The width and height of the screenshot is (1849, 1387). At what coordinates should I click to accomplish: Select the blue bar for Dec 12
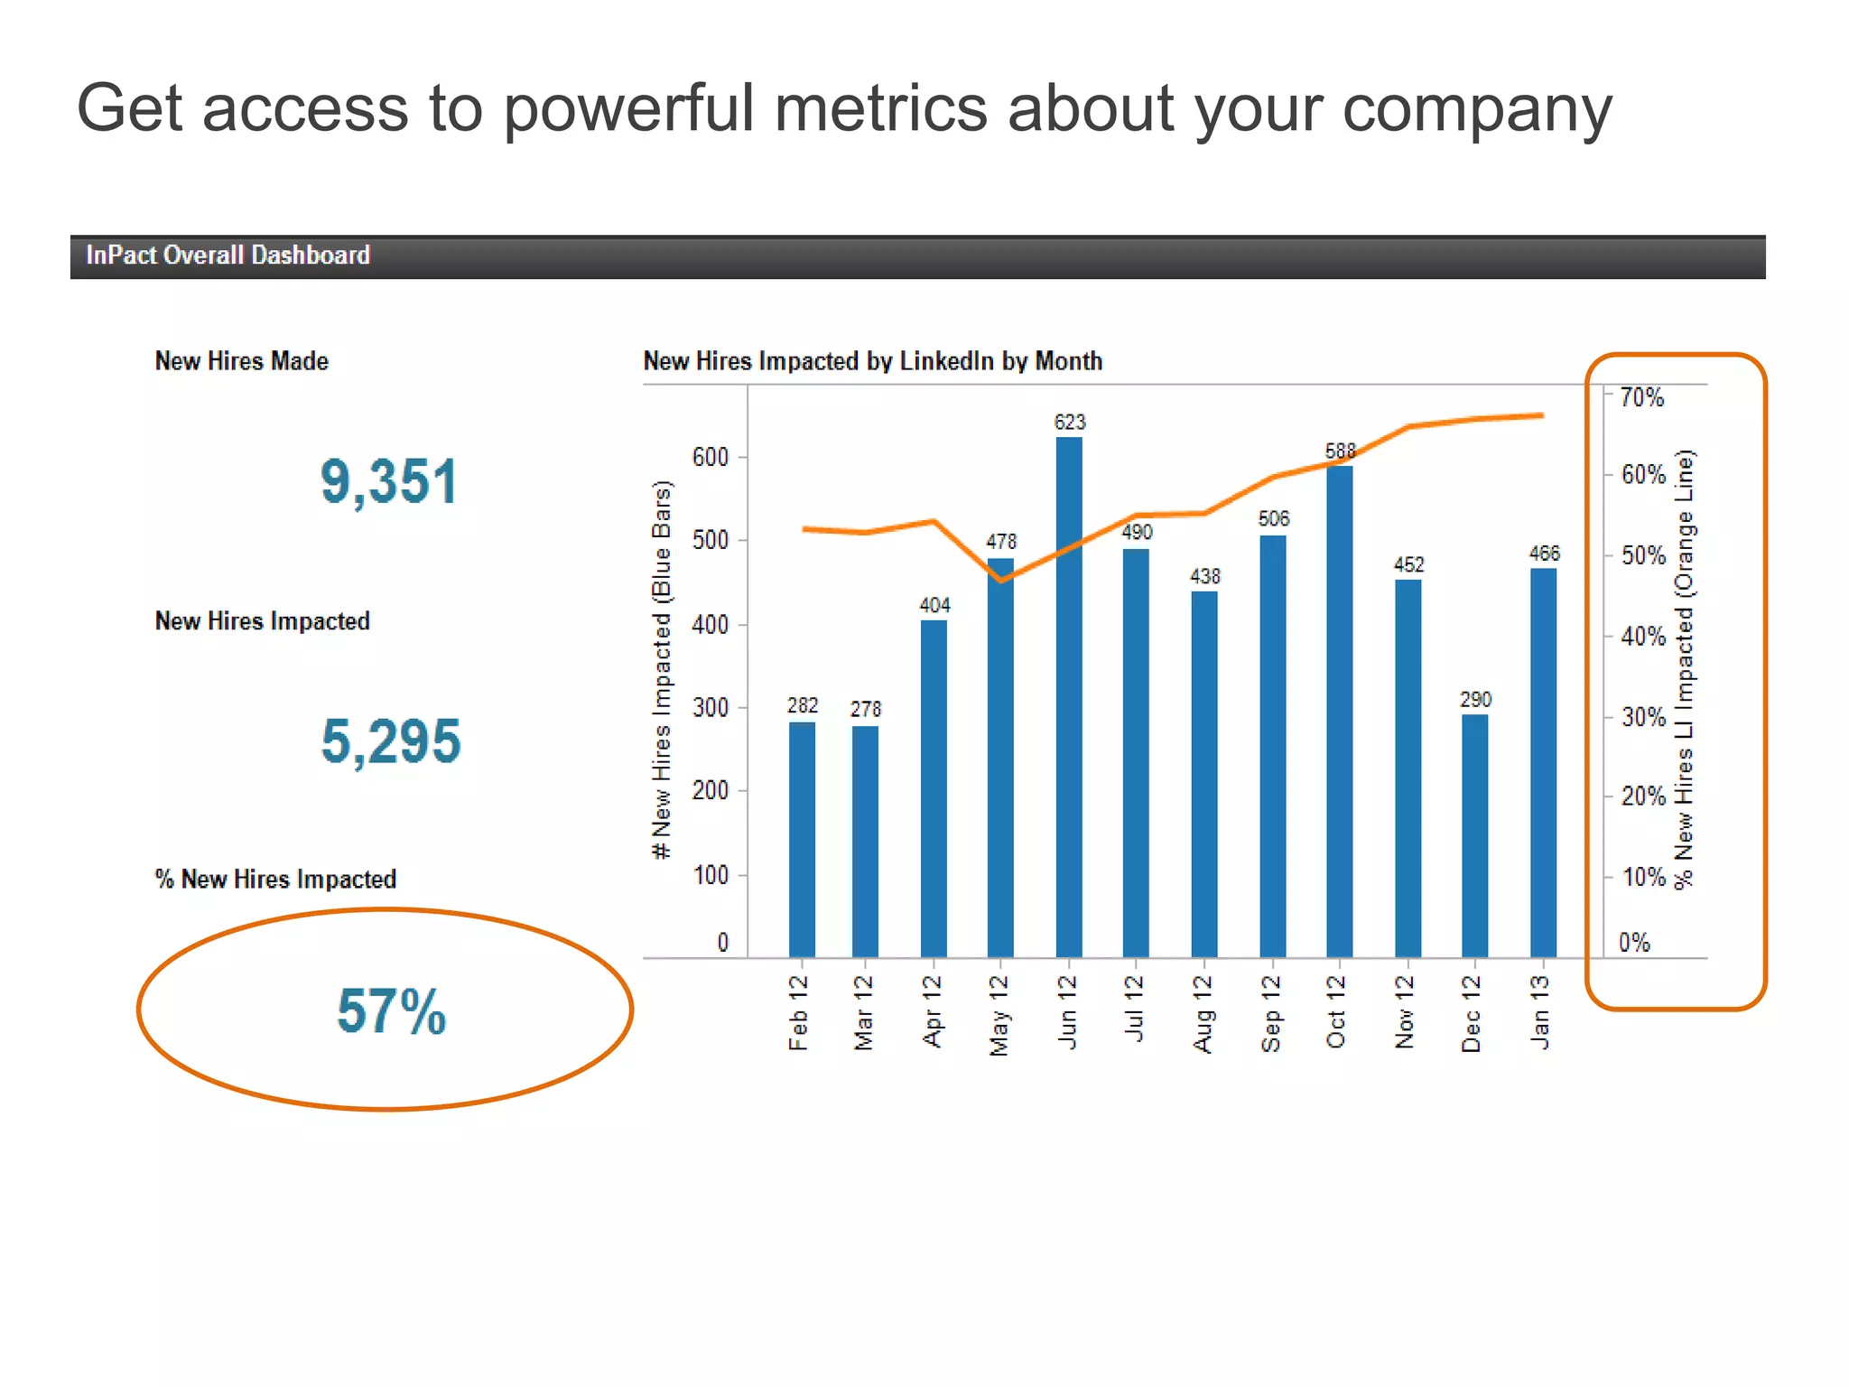1474,835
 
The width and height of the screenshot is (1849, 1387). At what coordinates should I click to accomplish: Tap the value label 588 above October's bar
1340,451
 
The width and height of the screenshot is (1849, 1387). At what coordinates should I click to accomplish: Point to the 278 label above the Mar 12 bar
865,710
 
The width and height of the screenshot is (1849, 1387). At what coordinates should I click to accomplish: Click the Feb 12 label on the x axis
798,1012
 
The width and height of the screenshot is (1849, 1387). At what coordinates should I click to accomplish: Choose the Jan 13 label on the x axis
1540,1012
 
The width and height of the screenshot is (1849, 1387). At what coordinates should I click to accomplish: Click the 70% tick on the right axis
1641,397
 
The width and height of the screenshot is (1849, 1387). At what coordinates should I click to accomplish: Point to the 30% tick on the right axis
1642,718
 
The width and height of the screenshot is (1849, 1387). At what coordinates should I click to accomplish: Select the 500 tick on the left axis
711,540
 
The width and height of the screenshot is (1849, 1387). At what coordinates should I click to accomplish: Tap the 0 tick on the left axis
722,943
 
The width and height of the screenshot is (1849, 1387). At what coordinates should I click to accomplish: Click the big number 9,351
389,481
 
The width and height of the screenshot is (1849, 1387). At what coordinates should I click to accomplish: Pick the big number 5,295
391,741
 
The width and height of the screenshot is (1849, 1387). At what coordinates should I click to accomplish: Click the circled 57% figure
391,1010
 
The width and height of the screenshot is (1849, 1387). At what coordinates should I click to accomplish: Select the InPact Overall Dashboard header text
228,256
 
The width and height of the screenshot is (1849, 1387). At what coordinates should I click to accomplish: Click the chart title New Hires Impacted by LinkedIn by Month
872,361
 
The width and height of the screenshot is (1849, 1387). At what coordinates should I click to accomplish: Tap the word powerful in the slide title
627,109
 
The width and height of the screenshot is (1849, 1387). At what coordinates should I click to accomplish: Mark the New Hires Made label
242,361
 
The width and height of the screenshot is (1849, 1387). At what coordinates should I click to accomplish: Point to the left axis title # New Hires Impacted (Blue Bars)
662,669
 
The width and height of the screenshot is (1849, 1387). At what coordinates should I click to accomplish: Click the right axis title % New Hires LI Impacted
1684,669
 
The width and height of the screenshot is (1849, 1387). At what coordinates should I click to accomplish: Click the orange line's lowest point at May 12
1000,580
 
